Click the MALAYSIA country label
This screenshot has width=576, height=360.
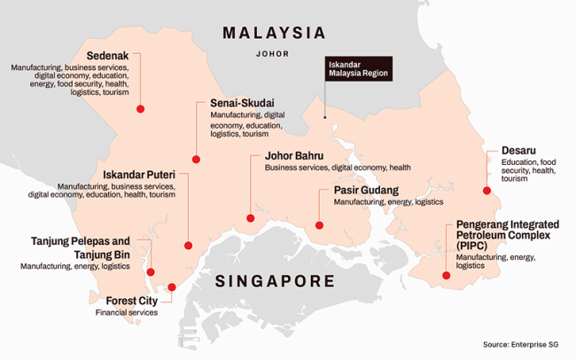tap(274, 33)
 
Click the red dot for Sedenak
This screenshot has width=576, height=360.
tap(140, 108)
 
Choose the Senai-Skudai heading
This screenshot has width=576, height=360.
tap(241, 103)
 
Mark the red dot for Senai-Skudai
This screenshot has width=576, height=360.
tap(196, 160)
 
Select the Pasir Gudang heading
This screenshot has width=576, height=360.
tap(365, 190)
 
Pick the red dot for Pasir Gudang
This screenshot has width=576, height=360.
tap(319, 225)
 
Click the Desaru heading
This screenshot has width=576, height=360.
tap(518, 151)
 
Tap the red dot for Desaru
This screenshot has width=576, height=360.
tap(486, 191)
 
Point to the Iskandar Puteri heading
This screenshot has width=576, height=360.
tap(138, 174)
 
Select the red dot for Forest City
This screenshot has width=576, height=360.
tap(171, 287)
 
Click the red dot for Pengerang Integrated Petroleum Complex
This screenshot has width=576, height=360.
tap(446, 276)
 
